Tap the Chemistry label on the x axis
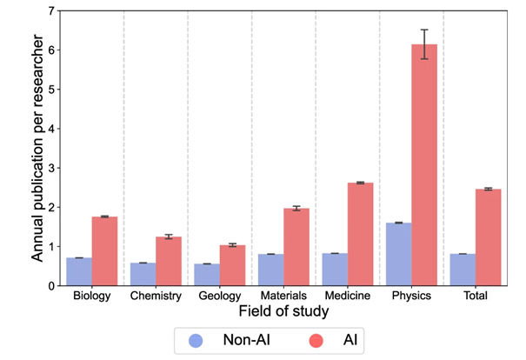[x=156, y=296]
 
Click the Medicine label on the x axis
[x=348, y=296]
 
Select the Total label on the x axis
[x=476, y=296]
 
